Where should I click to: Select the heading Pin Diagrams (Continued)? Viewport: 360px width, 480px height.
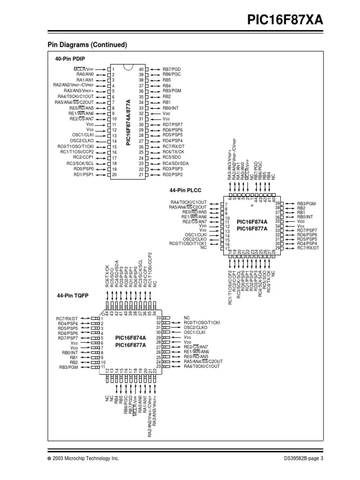click(x=88, y=45)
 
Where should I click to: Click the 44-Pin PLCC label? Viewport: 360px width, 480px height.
click(x=184, y=191)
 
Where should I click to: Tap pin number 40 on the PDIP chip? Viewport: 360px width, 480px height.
click(x=141, y=69)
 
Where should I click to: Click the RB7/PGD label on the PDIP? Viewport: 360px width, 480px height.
click(x=172, y=69)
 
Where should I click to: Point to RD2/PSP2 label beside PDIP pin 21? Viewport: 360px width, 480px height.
click(x=173, y=174)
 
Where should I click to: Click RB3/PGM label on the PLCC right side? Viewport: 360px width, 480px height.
click(x=307, y=204)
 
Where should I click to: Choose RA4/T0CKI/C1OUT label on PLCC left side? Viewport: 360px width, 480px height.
click(x=188, y=202)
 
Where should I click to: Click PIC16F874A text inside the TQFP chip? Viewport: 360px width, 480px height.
click(x=131, y=337)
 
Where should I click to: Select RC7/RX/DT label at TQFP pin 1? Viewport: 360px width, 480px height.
click(x=68, y=318)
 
